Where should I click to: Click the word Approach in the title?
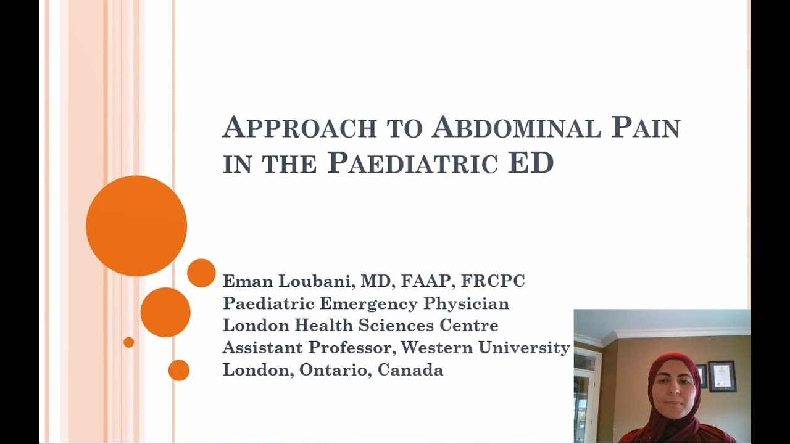(x=299, y=128)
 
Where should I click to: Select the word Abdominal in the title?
(x=515, y=128)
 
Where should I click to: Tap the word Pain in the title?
(x=646, y=128)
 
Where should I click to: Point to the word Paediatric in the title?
(x=412, y=163)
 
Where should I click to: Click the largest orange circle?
(x=136, y=226)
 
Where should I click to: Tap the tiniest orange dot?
(x=128, y=342)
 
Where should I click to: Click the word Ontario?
(x=335, y=370)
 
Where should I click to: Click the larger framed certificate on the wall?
(x=721, y=376)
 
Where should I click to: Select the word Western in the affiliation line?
(x=436, y=348)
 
